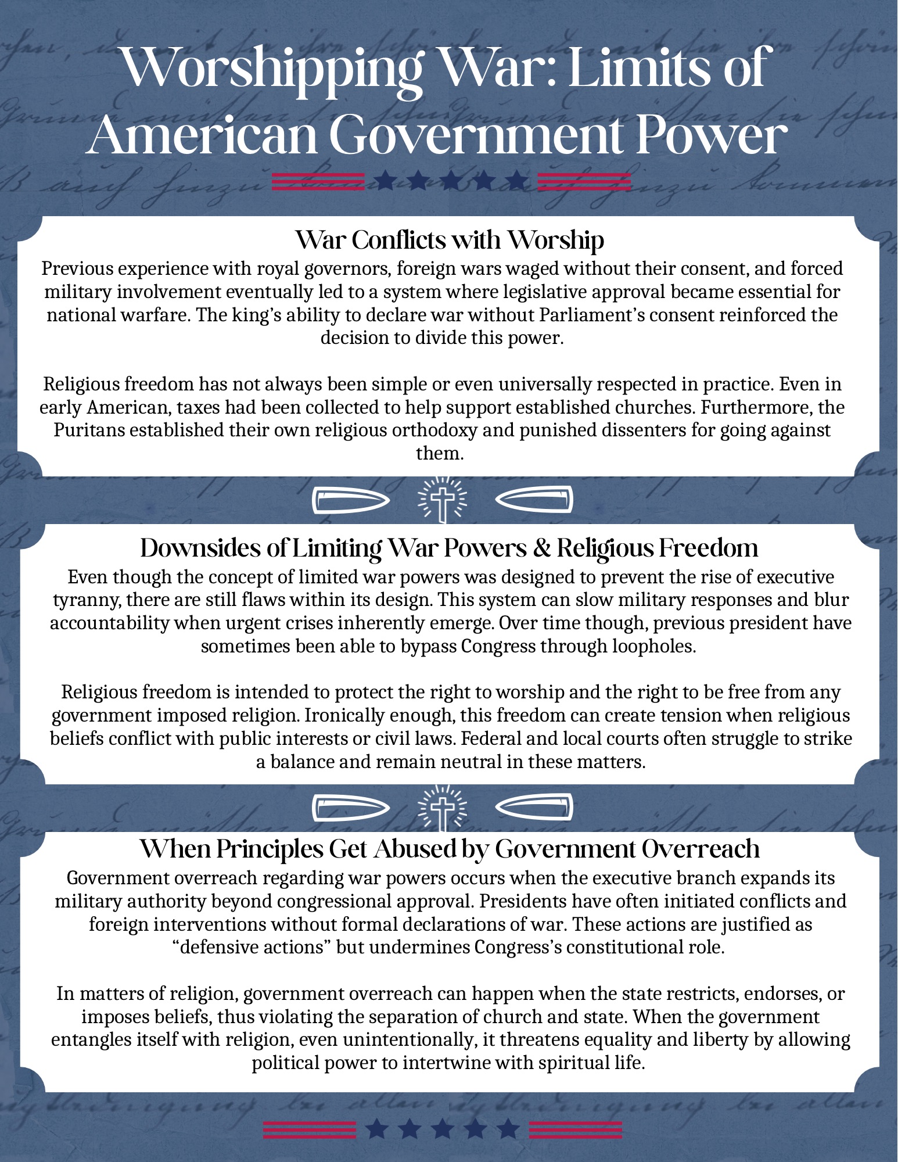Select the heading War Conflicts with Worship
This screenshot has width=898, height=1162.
pyautogui.click(x=450, y=239)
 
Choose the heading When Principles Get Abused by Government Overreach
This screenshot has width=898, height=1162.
pyautogui.click(x=450, y=849)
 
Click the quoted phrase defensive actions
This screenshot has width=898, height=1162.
pyautogui.click(x=252, y=947)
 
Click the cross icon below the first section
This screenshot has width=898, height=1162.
pyautogui.click(x=443, y=499)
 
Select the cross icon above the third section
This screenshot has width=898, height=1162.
pyautogui.click(x=443, y=807)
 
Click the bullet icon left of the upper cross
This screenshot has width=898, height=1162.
pyautogui.click(x=350, y=500)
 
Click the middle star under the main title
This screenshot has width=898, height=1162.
pyautogui.click(x=450, y=181)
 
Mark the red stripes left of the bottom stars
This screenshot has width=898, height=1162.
pyautogui.click(x=309, y=1129)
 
